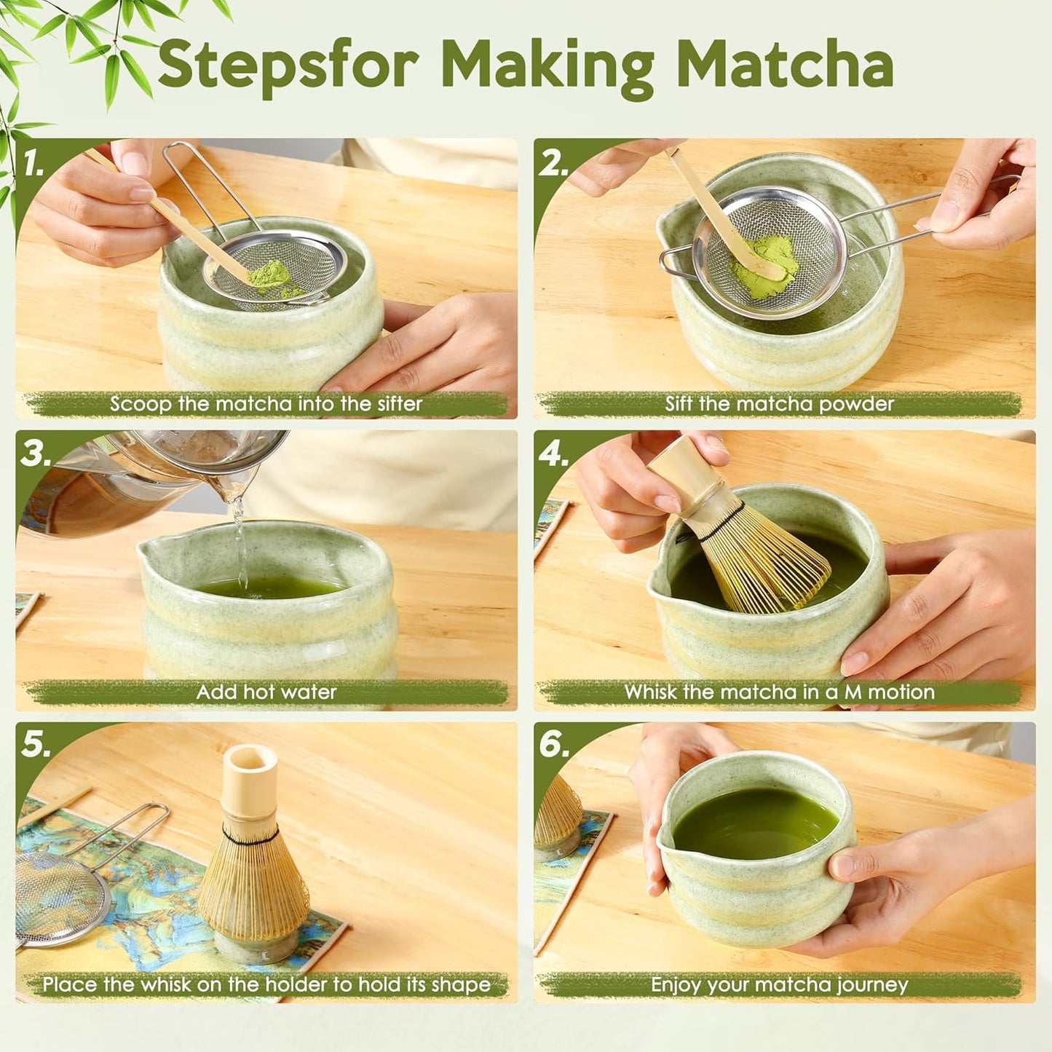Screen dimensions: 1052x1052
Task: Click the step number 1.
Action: click(x=33, y=164)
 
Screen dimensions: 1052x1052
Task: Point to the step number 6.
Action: click(x=553, y=745)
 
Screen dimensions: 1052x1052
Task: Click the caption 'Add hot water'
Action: click(x=266, y=692)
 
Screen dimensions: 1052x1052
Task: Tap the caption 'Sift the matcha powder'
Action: click(x=779, y=404)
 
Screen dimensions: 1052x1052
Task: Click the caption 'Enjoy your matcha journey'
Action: click(x=779, y=985)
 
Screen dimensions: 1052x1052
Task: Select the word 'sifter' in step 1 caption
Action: click(x=399, y=404)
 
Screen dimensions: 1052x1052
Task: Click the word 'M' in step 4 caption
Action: click(x=853, y=692)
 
